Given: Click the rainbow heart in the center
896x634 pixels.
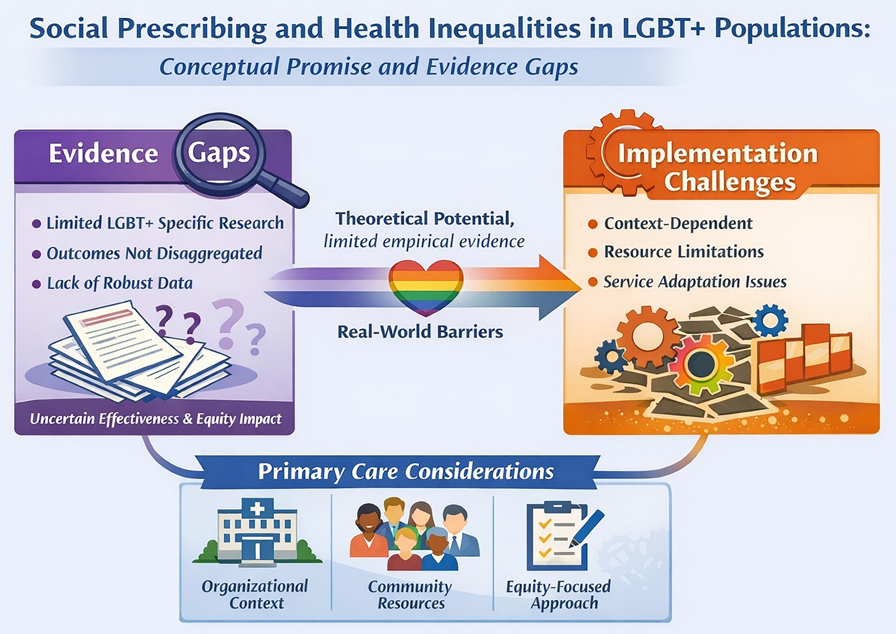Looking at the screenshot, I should (x=426, y=287).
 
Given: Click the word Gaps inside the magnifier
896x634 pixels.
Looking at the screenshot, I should (x=219, y=153).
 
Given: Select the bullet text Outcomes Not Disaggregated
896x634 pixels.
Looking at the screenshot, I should (x=154, y=254).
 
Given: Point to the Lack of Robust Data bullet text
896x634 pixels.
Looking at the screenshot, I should (x=120, y=283).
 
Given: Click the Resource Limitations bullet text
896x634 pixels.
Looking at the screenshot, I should (x=683, y=252).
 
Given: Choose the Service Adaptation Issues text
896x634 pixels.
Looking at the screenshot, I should (x=695, y=282).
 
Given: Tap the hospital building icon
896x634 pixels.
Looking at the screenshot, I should (x=257, y=533).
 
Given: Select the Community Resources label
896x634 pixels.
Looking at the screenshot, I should (x=410, y=595).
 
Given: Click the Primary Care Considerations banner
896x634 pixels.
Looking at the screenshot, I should (x=406, y=472).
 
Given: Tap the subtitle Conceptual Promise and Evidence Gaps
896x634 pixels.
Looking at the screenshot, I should (x=368, y=67).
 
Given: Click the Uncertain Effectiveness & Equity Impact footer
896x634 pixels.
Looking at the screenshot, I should (x=156, y=419).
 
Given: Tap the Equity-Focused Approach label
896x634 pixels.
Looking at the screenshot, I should (x=559, y=595).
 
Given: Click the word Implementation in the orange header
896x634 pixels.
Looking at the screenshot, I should (x=718, y=153).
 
